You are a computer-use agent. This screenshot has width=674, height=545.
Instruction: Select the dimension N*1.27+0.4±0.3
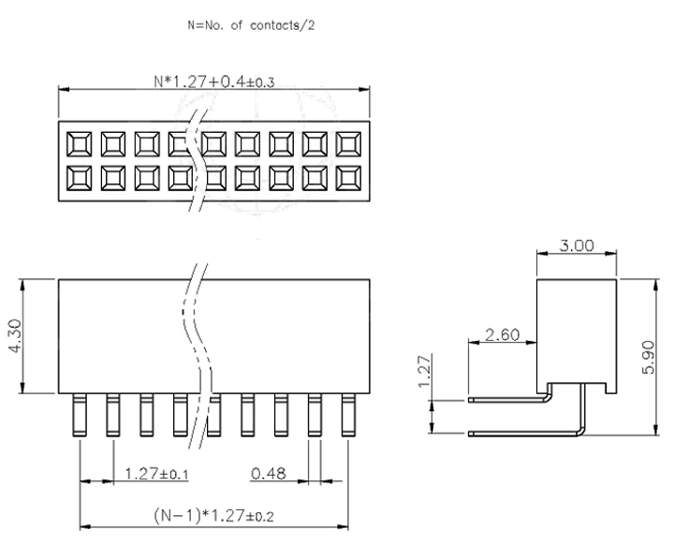[x=215, y=81]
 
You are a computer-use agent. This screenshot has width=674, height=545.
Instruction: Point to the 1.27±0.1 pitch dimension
[x=156, y=474]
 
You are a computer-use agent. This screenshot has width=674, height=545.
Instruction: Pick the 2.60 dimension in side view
[x=503, y=333]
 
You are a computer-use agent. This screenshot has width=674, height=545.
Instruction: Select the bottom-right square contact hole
[x=348, y=177]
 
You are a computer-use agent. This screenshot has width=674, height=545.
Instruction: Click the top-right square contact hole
[x=348, y=143]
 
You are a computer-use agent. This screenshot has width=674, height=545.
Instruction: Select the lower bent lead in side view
[x=524, y=433]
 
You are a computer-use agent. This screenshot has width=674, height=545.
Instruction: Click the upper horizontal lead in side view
[x=505, y=397]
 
